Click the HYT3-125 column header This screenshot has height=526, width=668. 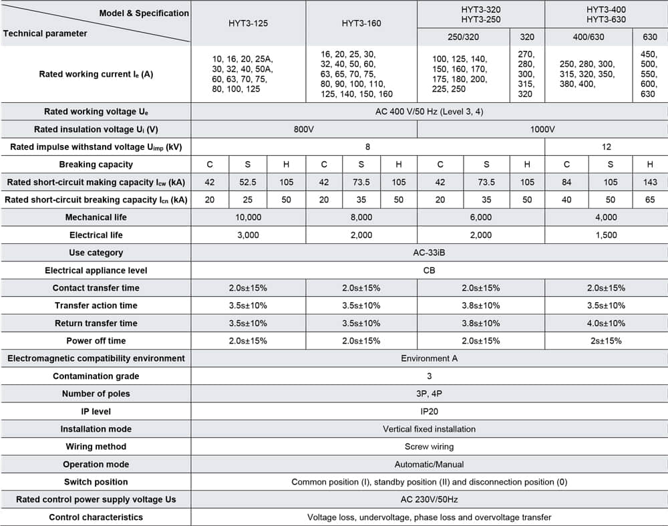(248, 23)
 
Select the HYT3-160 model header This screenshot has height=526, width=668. (361, 23)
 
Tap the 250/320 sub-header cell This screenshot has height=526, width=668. (463, 37)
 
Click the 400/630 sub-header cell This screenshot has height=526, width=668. (588, 37)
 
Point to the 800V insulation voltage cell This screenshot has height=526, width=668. (304, 129)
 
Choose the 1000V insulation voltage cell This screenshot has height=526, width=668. (542, 129)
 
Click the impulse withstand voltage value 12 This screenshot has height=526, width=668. (606, 147)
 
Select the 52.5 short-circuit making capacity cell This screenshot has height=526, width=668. (248, 182)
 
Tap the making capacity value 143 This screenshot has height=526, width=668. (650, 182)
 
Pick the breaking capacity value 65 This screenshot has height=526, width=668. (650, 199)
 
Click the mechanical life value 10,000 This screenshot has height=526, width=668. (248, 217)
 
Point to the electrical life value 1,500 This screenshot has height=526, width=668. (606, 235)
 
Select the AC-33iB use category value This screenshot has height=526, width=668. (429, 253)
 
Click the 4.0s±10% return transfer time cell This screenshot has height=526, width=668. (606, 323)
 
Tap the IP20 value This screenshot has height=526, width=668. (429, 411)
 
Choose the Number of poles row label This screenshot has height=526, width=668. (96, 394)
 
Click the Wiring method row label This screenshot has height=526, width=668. (96, 446)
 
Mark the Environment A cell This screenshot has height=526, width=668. (429, 358)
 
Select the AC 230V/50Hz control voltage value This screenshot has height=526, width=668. (429, 499)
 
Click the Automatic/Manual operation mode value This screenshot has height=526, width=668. (429, 464)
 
